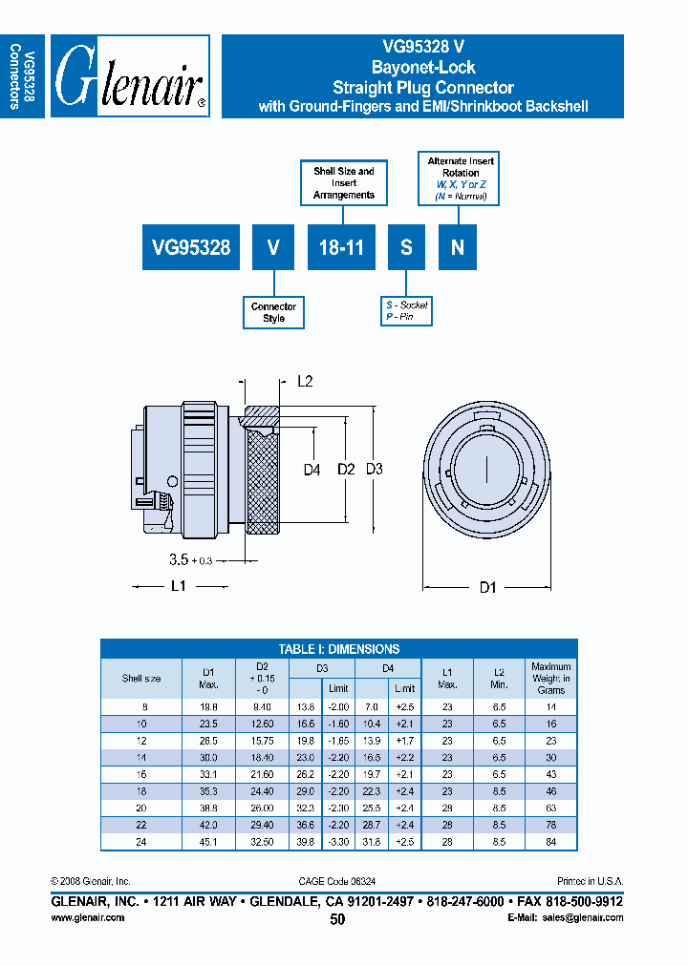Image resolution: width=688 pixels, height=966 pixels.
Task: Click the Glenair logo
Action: (130, 77)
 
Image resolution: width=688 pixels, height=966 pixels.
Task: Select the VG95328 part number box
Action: (191, 246)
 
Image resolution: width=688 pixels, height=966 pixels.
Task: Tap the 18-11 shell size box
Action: (340, 246)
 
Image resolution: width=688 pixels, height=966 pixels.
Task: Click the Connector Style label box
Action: (273, 312)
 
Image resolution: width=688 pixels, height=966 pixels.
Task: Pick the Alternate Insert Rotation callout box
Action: (461, 178)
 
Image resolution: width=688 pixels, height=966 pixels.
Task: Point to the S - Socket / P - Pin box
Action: (406, 310)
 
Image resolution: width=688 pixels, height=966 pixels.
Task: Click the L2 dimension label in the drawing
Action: (305, 382)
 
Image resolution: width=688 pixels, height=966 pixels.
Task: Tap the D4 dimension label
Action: (312, 469)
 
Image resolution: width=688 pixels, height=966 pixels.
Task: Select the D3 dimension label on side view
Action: (374, 469)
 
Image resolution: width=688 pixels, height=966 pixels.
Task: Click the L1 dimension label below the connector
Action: (178, 586)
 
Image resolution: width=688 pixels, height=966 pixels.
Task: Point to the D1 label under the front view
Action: (487, 588)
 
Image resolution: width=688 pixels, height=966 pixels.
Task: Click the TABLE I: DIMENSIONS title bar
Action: (338, 648)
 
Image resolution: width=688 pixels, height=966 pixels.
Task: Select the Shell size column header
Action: (140, 679)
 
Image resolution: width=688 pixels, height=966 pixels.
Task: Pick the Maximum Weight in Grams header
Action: (550, 678)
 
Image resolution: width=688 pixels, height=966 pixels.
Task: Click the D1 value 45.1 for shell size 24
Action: (209, 842)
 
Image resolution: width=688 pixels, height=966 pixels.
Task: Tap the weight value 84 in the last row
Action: (550, 842)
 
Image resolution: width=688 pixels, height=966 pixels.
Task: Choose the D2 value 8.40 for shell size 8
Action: (263, 706)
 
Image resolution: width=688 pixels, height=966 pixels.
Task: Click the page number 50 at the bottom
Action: (337, 919)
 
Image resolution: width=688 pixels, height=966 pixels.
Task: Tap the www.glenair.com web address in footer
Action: (87, 917)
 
